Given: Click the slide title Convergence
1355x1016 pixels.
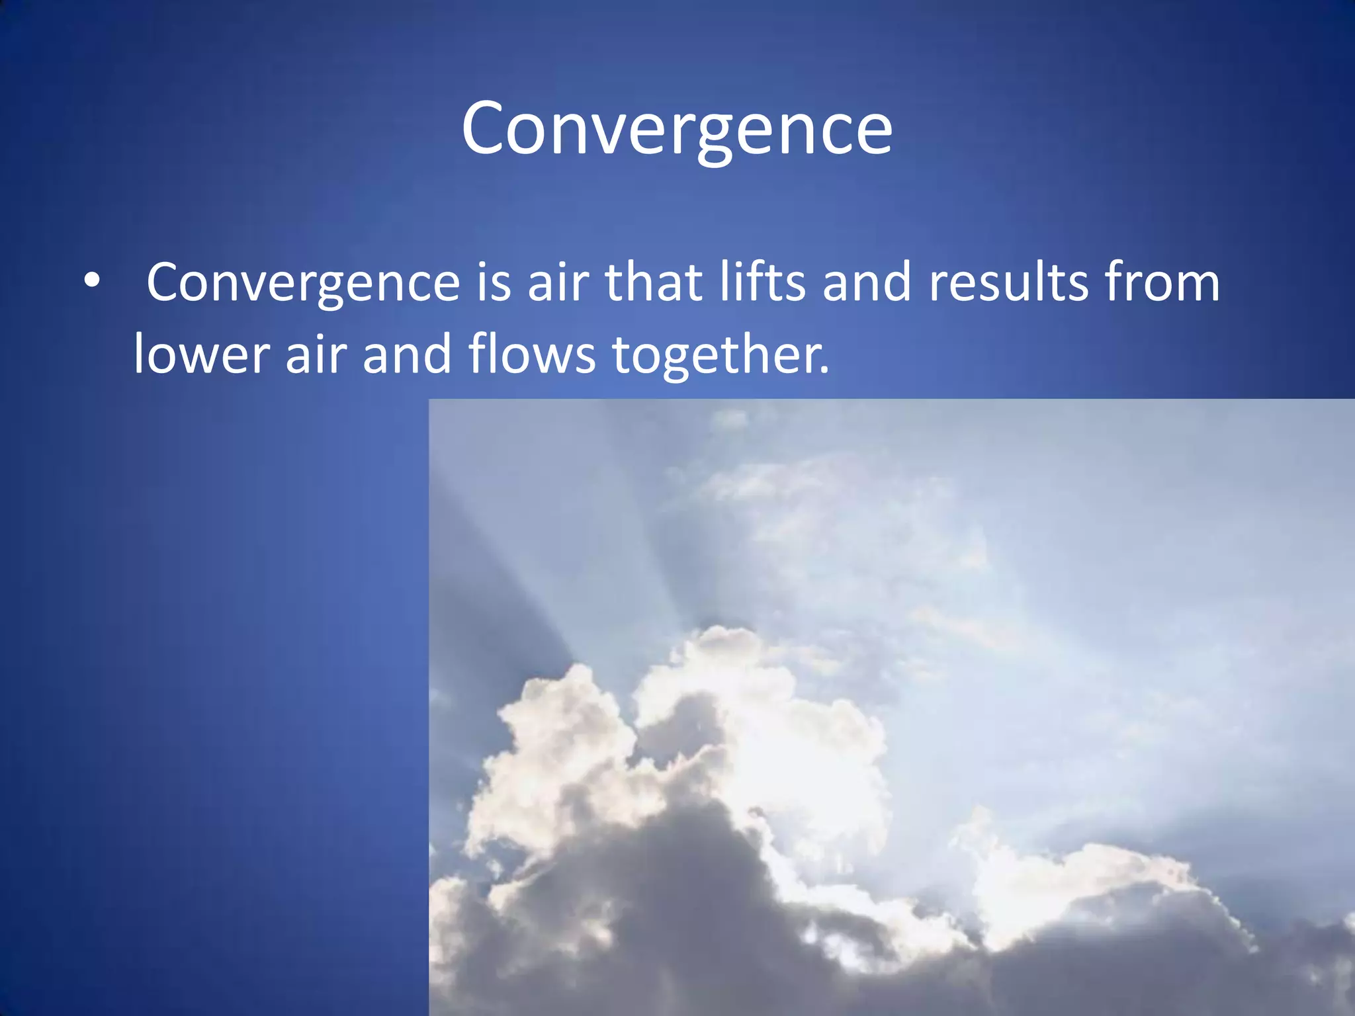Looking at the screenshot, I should [677, 129].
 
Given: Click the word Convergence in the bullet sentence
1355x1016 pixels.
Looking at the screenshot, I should [303, 283].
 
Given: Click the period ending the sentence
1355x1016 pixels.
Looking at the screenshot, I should [824, 370].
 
